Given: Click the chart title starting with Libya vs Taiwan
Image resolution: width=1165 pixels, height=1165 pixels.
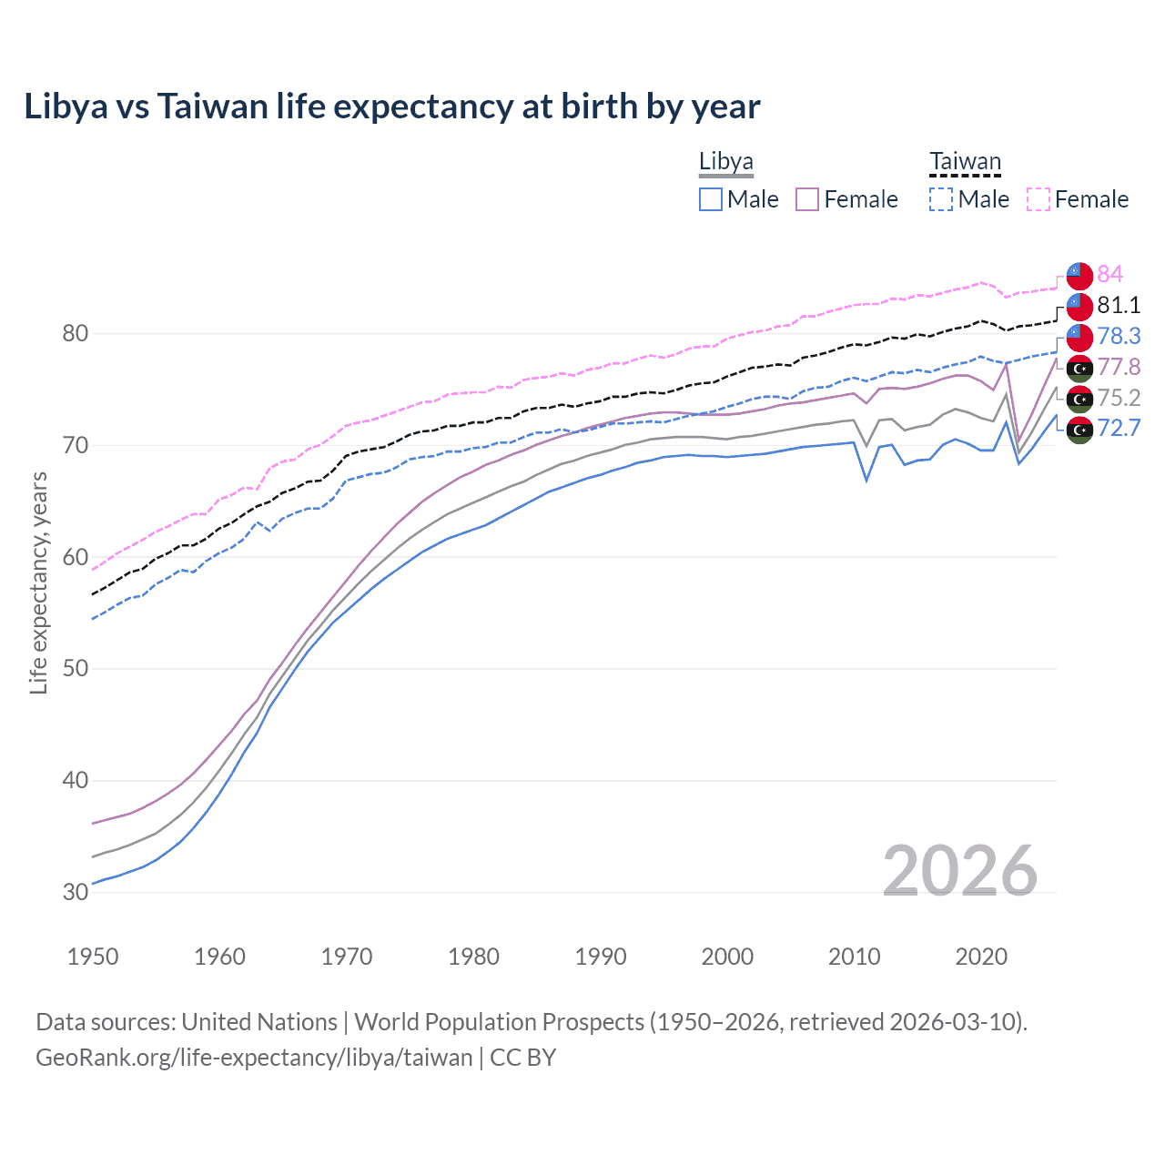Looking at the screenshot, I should pos(391,106).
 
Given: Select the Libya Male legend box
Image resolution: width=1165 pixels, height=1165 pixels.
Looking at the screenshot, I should pos(711,199).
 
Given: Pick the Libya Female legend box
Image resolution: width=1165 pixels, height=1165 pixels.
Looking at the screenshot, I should pos(807,199).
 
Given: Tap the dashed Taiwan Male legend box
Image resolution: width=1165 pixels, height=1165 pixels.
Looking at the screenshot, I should pos(941,199).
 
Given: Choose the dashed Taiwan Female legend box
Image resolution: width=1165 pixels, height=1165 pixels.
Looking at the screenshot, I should pos(1038,199).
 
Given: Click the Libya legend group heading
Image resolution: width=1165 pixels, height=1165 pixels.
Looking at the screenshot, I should pos(726,162).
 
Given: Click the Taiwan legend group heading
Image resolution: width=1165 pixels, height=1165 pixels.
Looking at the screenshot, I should pos(965,162).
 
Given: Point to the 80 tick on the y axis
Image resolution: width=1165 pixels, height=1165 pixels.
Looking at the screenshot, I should pos(76,334).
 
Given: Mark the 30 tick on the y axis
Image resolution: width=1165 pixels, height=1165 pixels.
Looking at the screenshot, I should pos(76,892).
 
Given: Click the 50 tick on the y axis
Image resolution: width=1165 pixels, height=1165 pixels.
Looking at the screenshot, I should pos(76,669).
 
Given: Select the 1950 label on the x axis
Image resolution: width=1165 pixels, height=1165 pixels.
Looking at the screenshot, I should pos(93,957).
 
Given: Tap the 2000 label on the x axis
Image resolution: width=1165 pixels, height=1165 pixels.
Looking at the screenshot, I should pos(727,957).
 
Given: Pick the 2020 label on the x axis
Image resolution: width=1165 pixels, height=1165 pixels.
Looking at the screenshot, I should pos(981,957).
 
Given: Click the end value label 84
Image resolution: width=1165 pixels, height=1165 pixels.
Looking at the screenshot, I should pos(1109,274).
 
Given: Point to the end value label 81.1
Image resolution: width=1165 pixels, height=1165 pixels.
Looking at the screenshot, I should pos(1119,305).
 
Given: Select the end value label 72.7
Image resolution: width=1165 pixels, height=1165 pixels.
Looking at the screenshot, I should pos(1119,428).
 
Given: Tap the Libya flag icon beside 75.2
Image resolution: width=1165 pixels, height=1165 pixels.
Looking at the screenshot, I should pos(1079,399).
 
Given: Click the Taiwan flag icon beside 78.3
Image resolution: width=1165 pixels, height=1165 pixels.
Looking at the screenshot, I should pos(1079,337).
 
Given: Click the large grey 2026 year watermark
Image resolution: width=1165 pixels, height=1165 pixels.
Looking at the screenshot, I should pos(959,871).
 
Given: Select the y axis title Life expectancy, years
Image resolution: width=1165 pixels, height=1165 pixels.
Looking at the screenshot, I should pos(39,582).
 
